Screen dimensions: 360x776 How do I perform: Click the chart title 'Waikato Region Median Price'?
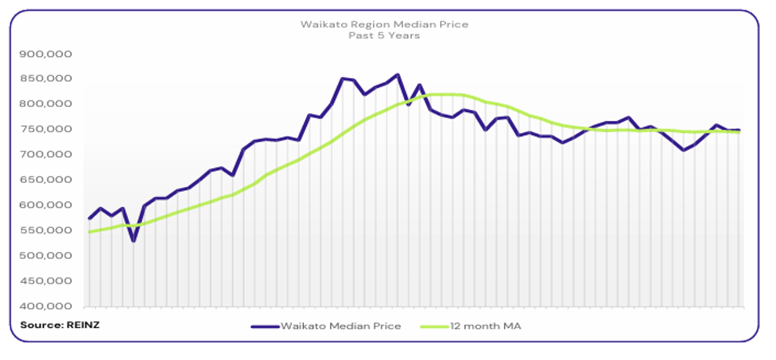pos(384,25)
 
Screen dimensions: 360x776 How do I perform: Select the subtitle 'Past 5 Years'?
pos(384,35)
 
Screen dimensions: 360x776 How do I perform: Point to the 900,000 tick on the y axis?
pos(46,54)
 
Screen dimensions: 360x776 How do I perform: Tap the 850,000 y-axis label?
pos(46,79)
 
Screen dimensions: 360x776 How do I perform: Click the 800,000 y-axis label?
pos(46,104)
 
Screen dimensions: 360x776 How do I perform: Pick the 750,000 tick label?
pos(46,130)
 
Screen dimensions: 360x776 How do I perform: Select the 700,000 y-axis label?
pos(46,155)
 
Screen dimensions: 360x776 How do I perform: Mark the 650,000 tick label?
pos(46,180)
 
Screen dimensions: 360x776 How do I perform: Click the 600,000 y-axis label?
pos(46,205)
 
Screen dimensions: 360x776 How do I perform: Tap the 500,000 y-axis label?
pos(46,256)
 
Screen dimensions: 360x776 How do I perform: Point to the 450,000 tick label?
pos(46,281)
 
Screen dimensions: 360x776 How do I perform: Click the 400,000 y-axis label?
pos(46,307)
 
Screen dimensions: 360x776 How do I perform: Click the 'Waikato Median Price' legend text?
pos(340,326)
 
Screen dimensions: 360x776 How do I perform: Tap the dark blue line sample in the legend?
pos(265,326)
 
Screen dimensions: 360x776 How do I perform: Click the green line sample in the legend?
pos(434,326)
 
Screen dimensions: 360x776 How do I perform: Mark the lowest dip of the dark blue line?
pos(133,241)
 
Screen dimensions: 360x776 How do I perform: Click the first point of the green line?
pos(89,232)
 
